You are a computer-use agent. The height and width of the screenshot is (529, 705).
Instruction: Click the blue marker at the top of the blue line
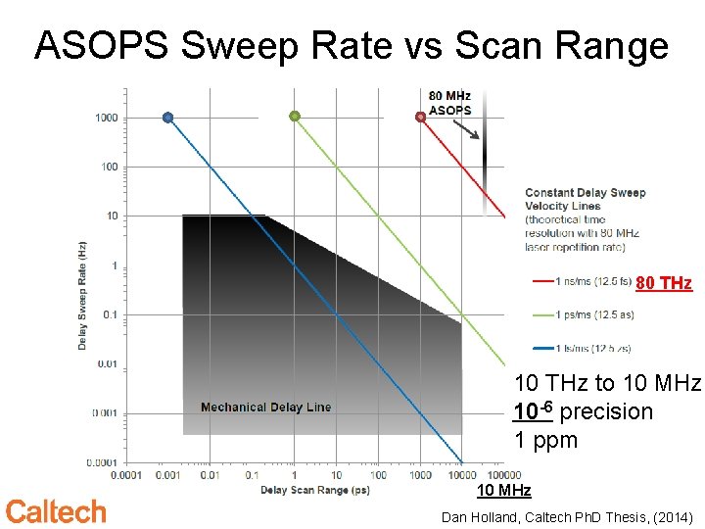[x=167, y=118]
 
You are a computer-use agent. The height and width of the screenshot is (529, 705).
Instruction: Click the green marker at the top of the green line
[x=294, y=116]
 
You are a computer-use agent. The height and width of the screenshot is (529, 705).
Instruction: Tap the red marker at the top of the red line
[x=421, y=117]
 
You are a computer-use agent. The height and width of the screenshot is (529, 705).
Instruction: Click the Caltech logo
[x=56, y=511]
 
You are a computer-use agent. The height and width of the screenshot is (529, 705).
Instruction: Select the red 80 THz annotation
[x=663, y=283]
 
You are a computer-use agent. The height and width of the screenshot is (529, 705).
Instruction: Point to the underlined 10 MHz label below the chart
[x=503, y=491]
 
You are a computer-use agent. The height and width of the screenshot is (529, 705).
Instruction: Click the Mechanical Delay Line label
[x=265, y=408]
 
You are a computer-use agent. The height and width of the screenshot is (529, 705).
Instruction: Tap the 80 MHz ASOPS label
[x=450, y=103]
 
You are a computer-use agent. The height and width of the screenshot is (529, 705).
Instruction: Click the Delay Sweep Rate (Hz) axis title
[x=83, y=295]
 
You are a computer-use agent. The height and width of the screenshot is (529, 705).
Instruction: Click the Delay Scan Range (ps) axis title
[x=314, y=490]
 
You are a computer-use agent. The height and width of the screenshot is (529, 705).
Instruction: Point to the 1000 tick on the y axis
[x=106, y=118]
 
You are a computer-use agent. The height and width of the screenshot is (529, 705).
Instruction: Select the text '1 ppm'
[x=546, y=441]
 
